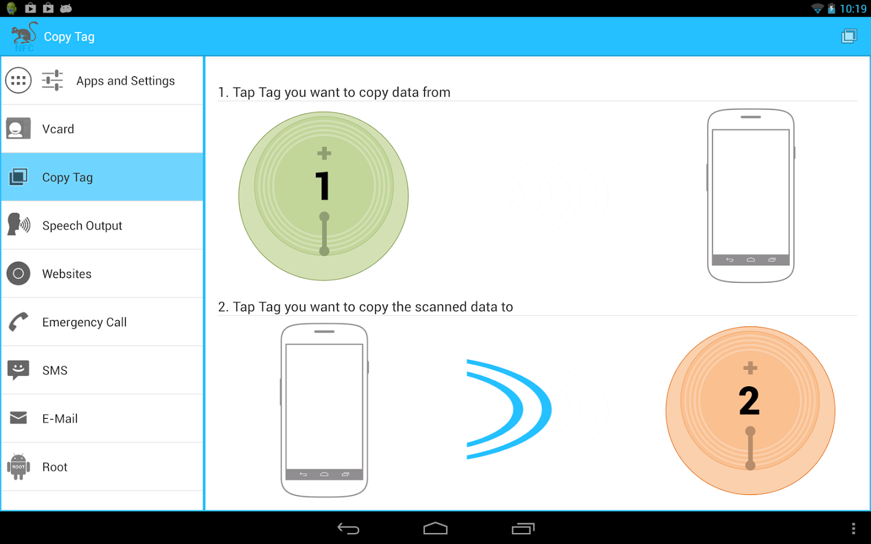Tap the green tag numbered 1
click(324, 196)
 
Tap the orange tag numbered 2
click(750, 411)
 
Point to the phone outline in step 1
click(751, 196)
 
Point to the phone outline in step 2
click(324, 410)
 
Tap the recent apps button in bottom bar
click(523, 529)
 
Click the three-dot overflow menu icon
click(853, 529)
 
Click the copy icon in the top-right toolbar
click(849, 36)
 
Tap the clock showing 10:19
click(853, 8)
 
